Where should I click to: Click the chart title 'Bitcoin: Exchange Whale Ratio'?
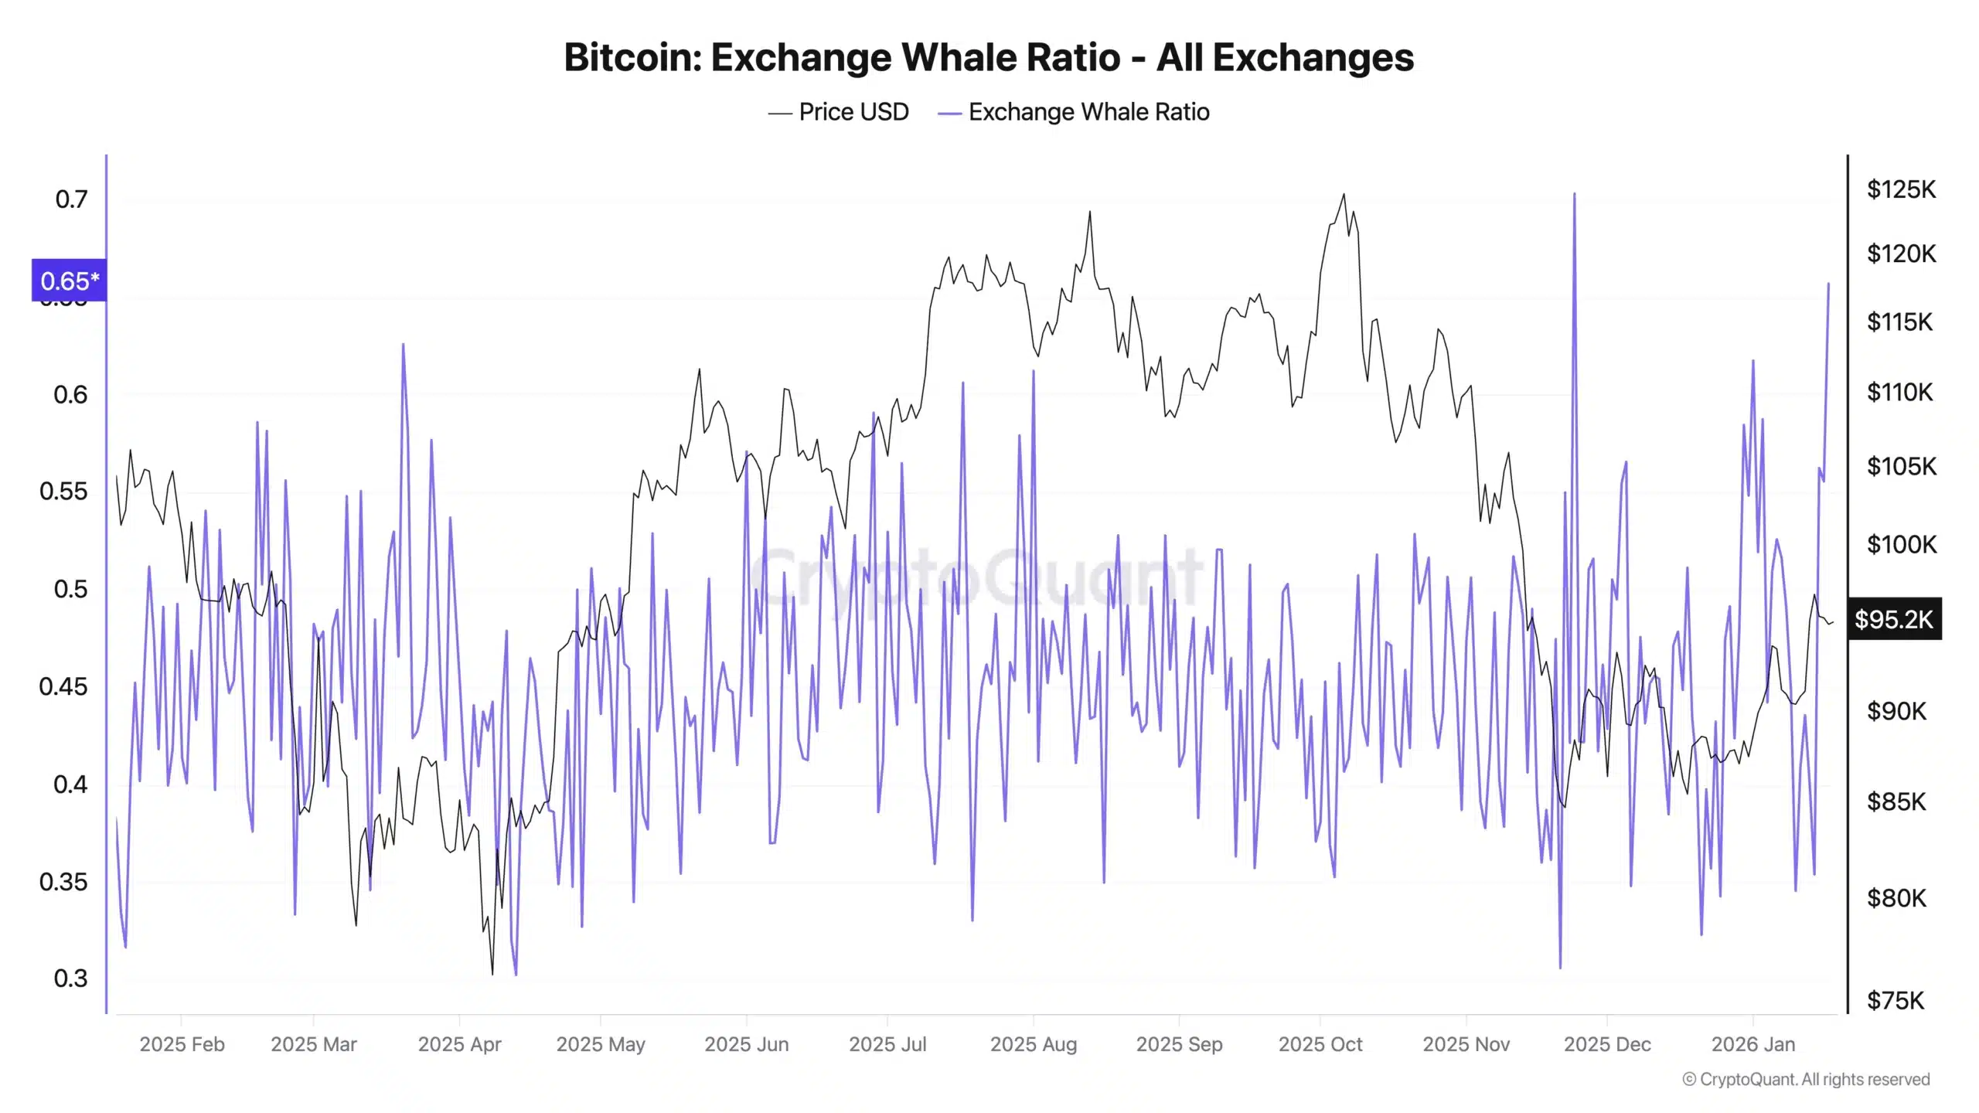click(989, 57)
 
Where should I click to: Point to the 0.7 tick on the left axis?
click(71, 199)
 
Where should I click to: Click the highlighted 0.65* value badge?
click(69, 281)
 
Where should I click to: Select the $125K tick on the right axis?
click(1901, 189)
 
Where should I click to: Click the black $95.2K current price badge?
click(1893, 619)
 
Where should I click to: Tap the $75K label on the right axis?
click(1895, 1001)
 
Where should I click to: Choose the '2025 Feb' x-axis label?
click(182, 1044)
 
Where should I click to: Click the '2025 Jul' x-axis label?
click(887, 1044)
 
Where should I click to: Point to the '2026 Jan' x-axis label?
click(1752, 1044)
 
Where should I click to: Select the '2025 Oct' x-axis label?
click(1320, 1044)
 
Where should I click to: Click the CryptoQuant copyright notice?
click(1806, 1080)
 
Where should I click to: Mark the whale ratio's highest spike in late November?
click(1574, 195)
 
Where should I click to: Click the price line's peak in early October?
click(1344, 195)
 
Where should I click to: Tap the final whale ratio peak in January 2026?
click(1828, 284)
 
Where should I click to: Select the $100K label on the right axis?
click(1901, 545)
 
